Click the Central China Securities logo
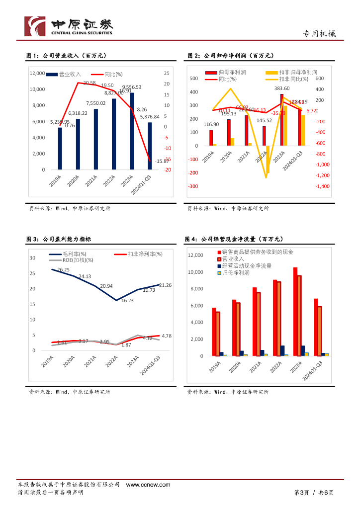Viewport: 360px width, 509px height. pyautogui.click(x=69, y=26)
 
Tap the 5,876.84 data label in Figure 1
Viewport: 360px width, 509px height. pyautogui.click(x=149, y=117)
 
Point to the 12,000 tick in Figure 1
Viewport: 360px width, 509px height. pyautogui.click(x=38, y=73)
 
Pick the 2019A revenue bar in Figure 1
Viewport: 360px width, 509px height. pyautogui.click(x=60, y=149)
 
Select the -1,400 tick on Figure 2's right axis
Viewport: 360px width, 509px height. pyautogui.click(x=322, y=186)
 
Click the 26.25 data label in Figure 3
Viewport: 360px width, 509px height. pyautogui.click(x=63, y=270)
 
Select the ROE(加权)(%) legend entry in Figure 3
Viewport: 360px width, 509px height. pyautogui.click(x=74, y=260)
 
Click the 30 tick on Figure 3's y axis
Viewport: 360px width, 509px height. pyautogui.click(x=32, y=257)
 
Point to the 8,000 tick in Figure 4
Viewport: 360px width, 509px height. pyautogui.click(x=196, y=289)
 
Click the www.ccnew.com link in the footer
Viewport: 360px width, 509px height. pyautogui.click(x=148, y=485)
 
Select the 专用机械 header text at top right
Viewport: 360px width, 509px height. pyautogui.click(x=319, y=34)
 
